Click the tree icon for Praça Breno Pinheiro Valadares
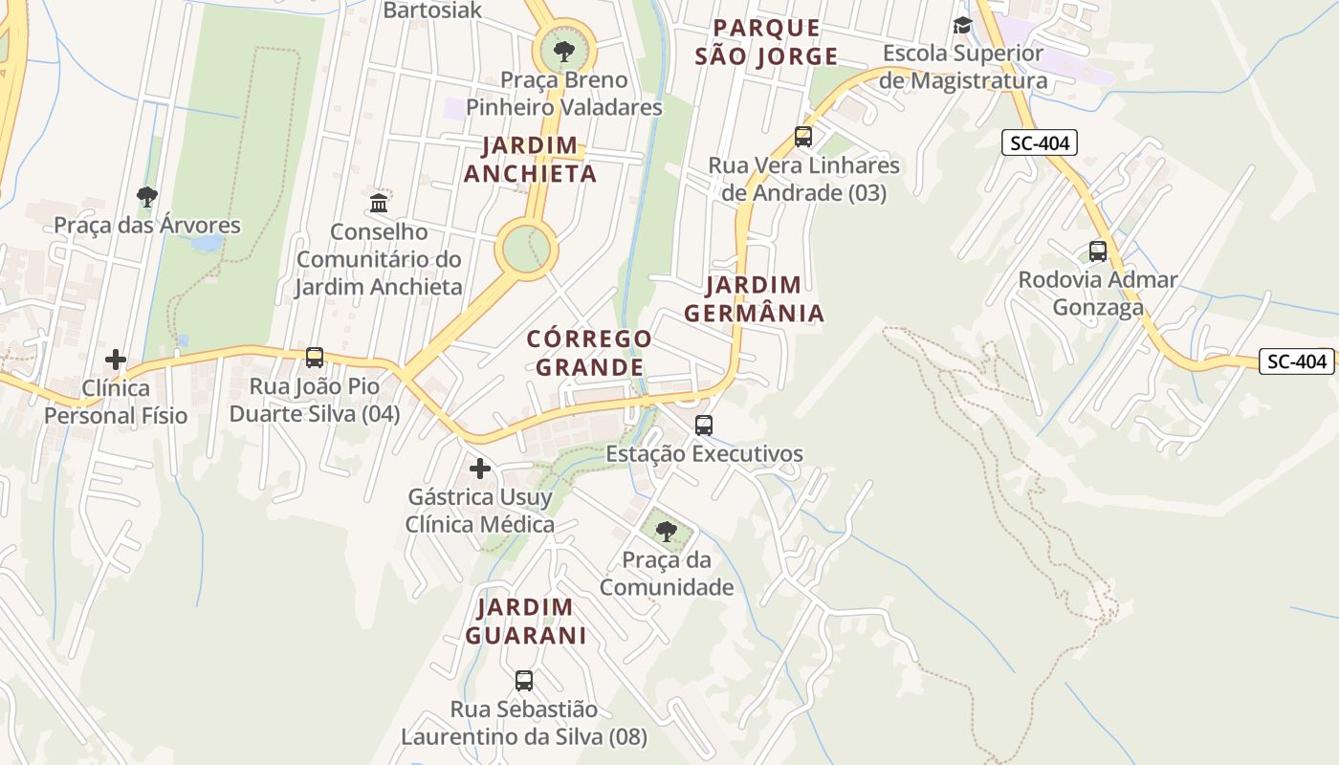pyautogui.click(x=563, y=50)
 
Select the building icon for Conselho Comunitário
pyautogui.click(x=379, y=203)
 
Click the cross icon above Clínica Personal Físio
pyautogui.click(x=116, y=360)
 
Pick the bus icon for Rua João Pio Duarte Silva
pyautogui.click(x=315, y=358)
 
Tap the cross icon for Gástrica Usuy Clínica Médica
pyautogui.click(x=480, y=469)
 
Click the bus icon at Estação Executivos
pyautogui.click(x=704, y=425)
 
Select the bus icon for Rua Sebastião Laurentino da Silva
pyautogui.click(x=524, y=681)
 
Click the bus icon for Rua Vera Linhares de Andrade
pyautogui.click(x=803, y=137)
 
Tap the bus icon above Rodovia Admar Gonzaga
pyautogui.click(x=1098, y=251)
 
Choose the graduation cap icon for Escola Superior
pyautogui.click(x=962, y=25)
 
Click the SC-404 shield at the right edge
pyautogui.click(x=1297, y=361)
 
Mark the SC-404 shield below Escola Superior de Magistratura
pyautogui.click(x=1040, y=143)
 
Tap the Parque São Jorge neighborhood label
pyautogui.click(x=766, y=42)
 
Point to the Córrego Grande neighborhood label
pyautogui.click(x=589, y=353)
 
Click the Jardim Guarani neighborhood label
pyautogui.click(x=525, y=621)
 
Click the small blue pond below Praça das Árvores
pyautogui.click(x=207, y=243)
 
